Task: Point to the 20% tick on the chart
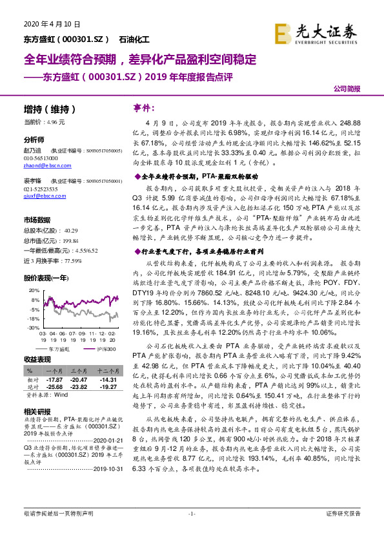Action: pos(32,282)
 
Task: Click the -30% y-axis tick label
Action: pos(31,328)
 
